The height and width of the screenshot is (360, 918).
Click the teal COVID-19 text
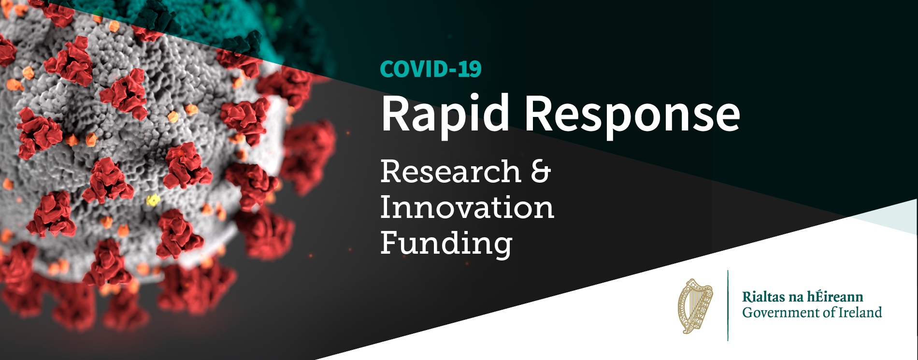pyautogui.click(x=431, y=69)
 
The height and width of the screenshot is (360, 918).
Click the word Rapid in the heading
pyautogui.click(x=445, y=115)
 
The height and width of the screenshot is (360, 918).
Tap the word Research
pyautogui.click(x=451, y=172)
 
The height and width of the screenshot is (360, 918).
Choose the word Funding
pyautogui.click(x=446, y=244)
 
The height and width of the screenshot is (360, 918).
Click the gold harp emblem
pyautogui.click(x=695, y=306)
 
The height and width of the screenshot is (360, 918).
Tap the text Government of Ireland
pyautogui.click(x=812, y=312)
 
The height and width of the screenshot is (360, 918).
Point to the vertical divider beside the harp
pyautogui.click(x=728, y=305)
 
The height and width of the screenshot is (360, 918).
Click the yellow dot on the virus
pyautogui.click(x=153, y=200)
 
